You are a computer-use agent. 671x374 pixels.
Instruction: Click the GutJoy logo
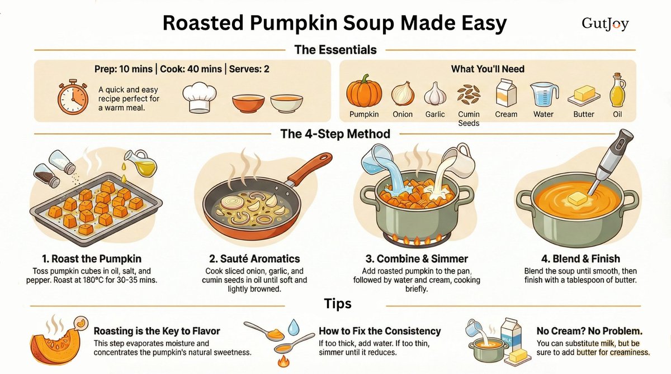coord(605,24)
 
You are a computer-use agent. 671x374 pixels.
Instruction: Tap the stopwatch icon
coord(73,97)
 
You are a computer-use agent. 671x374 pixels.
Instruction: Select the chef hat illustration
coord(199,98)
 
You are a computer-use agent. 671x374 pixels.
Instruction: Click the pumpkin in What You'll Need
coord(364,91)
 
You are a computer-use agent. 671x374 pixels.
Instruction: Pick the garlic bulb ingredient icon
coord(435,94)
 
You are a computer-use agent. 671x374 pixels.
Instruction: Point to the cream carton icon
coord(506,92)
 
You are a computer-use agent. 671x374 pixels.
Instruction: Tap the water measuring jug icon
coord(544,94)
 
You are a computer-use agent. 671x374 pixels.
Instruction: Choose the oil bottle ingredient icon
coord(617,90)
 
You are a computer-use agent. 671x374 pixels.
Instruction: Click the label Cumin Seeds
coord(469,119)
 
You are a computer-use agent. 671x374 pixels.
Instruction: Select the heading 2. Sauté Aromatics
coord(254,258)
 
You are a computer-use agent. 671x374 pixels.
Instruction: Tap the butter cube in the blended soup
coord(577,198)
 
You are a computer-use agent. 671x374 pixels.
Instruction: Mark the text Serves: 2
coord(249,69)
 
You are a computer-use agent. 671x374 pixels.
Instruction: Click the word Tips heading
coord(338,304)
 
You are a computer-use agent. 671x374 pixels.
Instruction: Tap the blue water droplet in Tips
coord(293,327)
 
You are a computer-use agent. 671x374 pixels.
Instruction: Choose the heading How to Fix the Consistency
coord(380,331)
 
